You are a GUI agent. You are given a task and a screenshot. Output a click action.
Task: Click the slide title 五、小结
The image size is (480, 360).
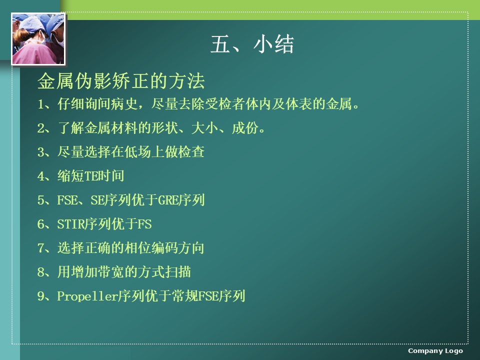click(x=252, y=44)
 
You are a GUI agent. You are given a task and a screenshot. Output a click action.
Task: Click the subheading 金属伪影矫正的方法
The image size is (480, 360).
click(x=121, y=81)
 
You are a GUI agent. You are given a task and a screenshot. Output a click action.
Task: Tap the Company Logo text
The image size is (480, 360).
click(x=435, y=351)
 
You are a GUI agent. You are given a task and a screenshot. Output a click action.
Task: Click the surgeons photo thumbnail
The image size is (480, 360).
click(x=38, y=39)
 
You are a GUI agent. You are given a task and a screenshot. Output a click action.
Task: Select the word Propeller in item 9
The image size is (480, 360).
click(x=87, y=296)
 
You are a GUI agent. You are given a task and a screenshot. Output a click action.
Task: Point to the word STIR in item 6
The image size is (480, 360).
click(x=70, y=224)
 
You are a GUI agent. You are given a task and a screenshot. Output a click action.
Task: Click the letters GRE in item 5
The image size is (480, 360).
click(x=168, y=200)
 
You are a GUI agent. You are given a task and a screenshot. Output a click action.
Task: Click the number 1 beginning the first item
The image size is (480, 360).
click(x=40, y=104)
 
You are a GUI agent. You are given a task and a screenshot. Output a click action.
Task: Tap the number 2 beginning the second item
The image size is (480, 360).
click(x=40, y=128)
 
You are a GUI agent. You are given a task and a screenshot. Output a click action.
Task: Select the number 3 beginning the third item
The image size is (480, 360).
click(x=40, y=152)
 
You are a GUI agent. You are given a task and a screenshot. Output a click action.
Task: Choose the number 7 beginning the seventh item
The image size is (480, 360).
click(x=40, y=248)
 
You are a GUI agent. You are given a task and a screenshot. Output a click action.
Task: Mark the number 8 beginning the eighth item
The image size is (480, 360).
click(x=40, y=272)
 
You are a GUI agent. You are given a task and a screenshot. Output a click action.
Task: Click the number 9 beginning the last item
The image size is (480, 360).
click(x=40, y=296)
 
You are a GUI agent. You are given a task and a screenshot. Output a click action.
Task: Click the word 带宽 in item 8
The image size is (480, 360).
click(x=111, y=272)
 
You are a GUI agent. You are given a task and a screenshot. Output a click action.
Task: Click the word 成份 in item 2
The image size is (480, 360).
click(x=245, y=128)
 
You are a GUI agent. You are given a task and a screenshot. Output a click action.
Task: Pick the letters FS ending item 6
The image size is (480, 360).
click(x=144, y=224)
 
